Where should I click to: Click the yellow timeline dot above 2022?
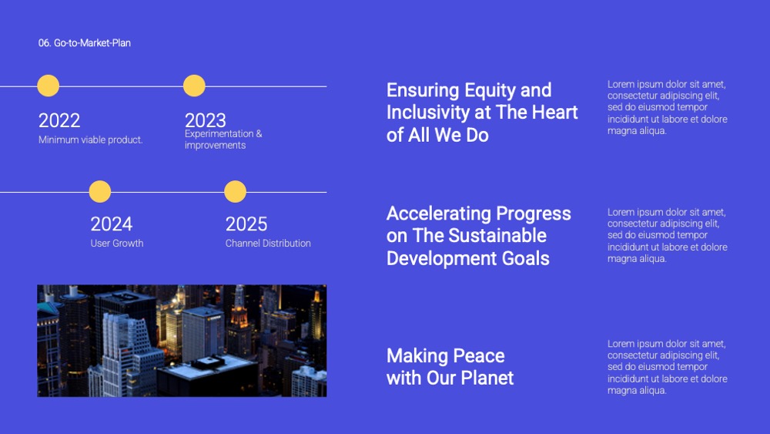pos(48,86)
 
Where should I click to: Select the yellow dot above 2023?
pos(194,86)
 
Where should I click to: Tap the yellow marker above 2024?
pos(99,191)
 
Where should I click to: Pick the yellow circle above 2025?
pos(235,191)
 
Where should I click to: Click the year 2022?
pos(59,120)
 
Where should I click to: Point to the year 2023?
pos(206,120)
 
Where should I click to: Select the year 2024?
pos(111,224)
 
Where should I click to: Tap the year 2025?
pos(246,224)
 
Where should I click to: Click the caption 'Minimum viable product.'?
pos(90,140)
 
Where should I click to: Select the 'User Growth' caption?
pos(117,244)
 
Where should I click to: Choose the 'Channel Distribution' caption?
pos(268,244)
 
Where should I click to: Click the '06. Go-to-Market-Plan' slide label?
pos(85,42)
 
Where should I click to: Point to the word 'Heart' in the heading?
pos(555,112)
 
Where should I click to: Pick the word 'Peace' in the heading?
pos(479,356)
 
